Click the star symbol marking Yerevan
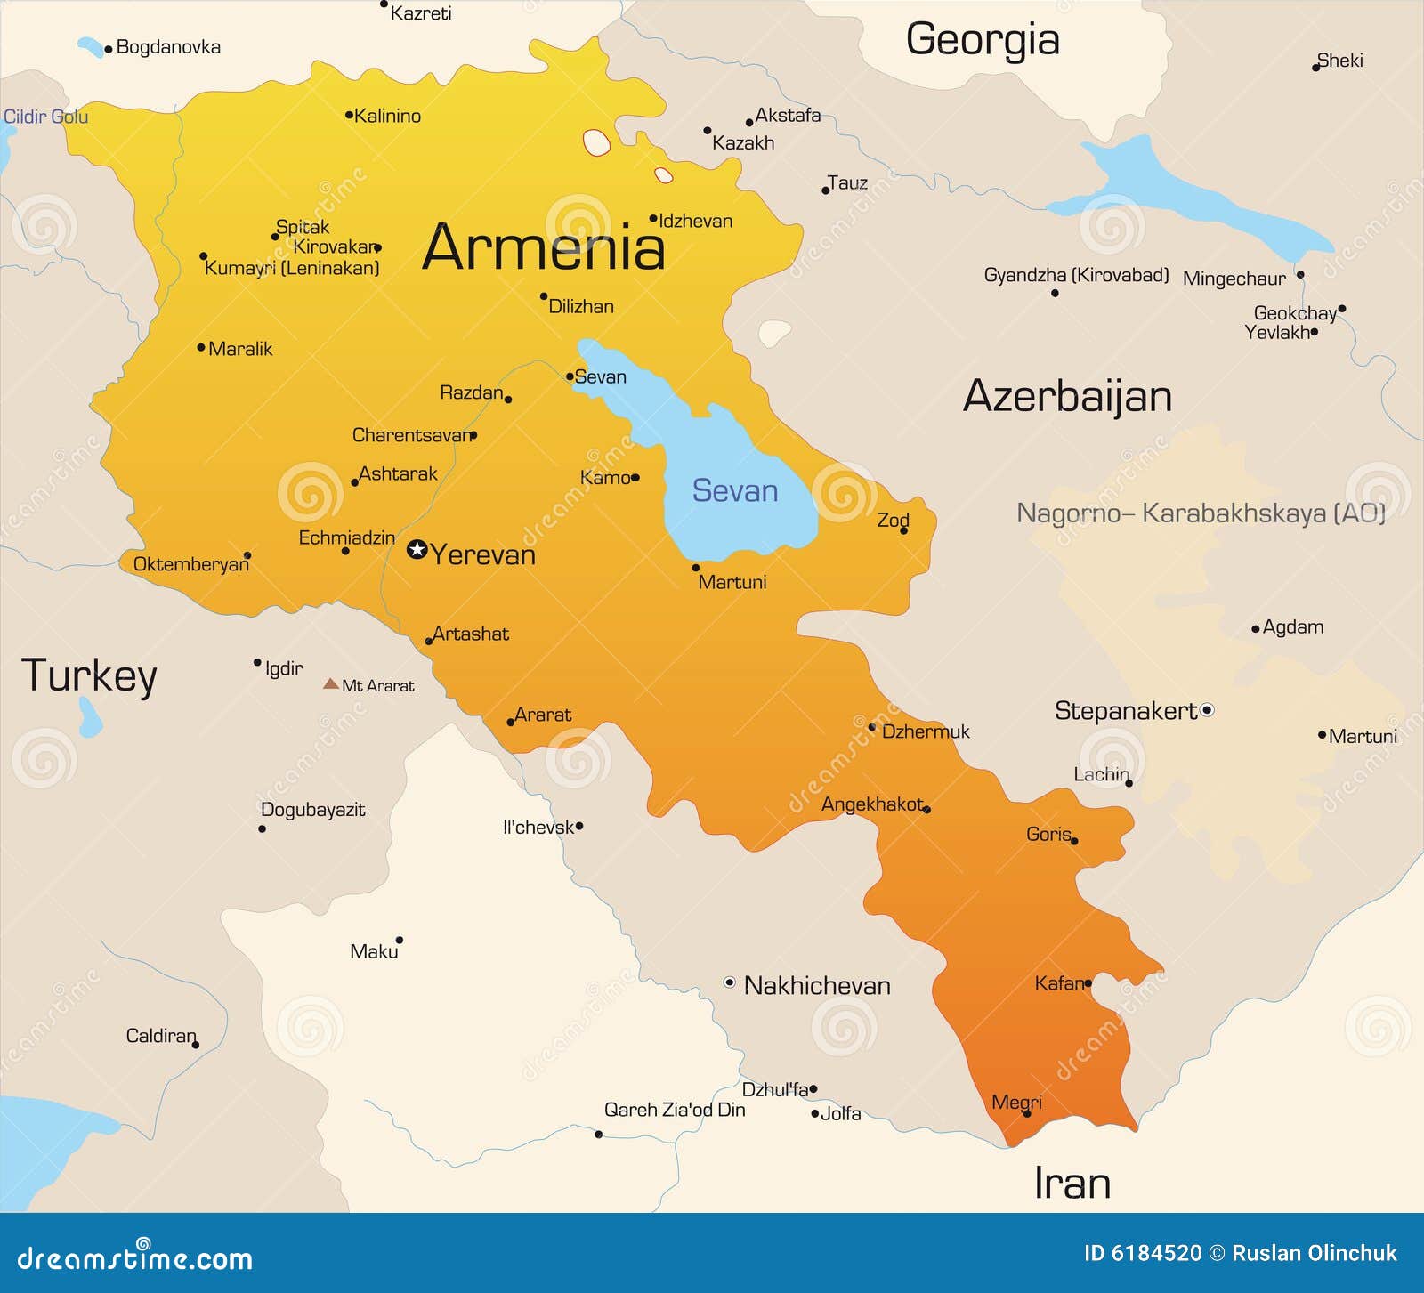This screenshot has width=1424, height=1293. [x=417, y=549]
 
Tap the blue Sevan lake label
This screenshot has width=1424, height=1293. [x=735, y=491]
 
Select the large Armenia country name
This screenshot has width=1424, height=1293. [x=543, y=247]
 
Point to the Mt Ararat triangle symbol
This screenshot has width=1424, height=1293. [x=330, y=684]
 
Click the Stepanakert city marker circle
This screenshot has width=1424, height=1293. [x=1207, y=710]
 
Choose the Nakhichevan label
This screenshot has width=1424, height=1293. [x=816, y=985]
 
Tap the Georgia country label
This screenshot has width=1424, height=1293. [x=983, y=40]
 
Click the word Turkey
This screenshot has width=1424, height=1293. [x=89, y=676]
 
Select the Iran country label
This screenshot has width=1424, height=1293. [x=1072, y=1184]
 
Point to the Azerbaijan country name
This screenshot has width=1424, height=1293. [x=1067, y=396]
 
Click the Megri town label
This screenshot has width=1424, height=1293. [x=1016, y=1102]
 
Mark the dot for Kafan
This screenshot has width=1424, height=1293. [x=1088, y=983]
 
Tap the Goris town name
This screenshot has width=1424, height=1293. [x=1048, y=834]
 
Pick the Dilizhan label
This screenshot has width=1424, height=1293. [x=581, y=306]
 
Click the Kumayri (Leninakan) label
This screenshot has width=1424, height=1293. [x=292, y=268]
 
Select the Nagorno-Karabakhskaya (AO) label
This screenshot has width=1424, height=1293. [x=1201, y=513]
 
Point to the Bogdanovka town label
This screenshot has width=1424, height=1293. [x=168, y=47]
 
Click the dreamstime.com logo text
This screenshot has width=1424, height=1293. [x=135, y=1257]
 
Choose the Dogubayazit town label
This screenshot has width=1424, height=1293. [x=312, y=810]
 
